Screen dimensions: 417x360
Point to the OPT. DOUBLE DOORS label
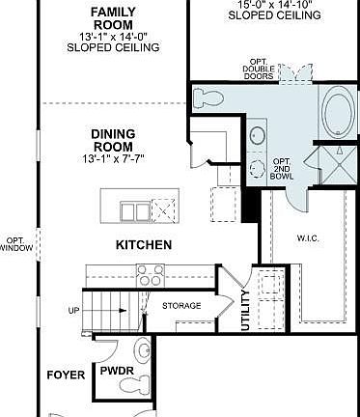260,69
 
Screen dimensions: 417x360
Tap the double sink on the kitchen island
134,210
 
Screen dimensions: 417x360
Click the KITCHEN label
144,245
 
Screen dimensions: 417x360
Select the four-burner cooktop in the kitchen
150,275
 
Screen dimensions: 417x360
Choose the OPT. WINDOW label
16,244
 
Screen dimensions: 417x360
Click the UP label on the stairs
73,311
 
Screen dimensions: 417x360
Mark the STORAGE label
181,306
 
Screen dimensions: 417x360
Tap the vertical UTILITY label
245,312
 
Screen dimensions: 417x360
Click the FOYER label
66,374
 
